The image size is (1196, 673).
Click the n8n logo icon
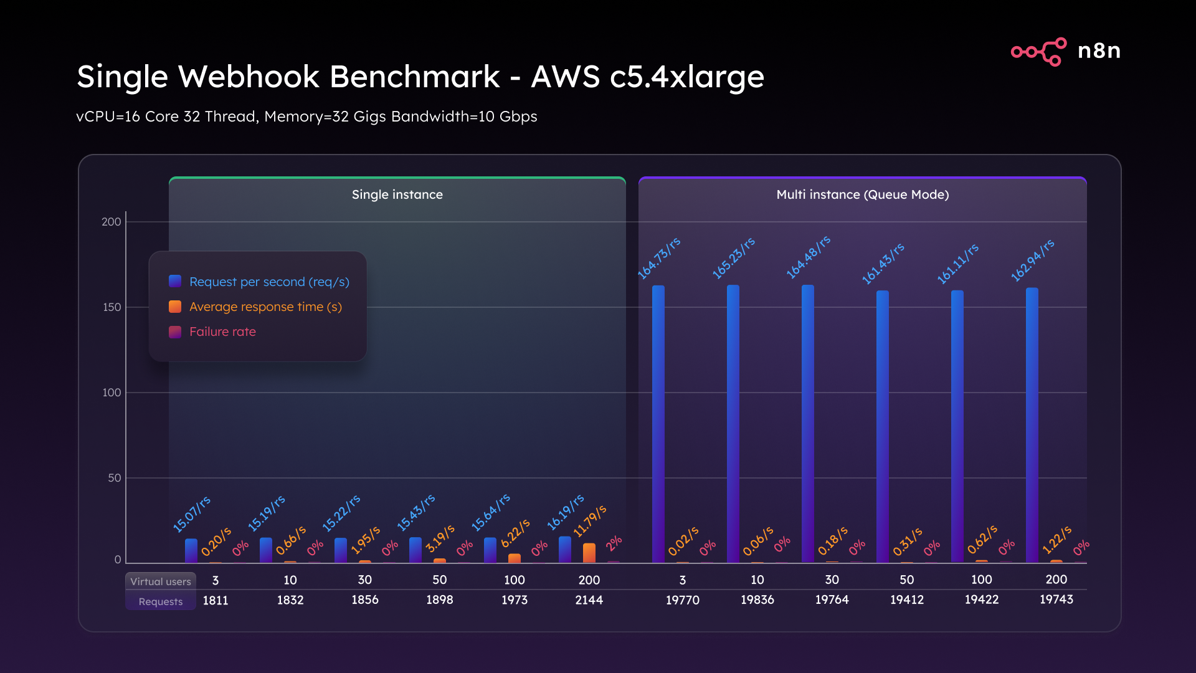pos(1038,51)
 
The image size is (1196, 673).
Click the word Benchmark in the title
pos(414,77)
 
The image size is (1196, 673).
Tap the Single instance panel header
pos(397,194)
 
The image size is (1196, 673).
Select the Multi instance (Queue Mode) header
pos(862,194)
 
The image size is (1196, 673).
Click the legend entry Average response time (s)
pos(265,307)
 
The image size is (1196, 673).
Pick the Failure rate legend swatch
pos(175,332)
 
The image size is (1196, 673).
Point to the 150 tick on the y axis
pos(112,307)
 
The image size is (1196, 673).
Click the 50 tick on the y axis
pos(114,478)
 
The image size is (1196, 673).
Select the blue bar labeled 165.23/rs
pos(733,424)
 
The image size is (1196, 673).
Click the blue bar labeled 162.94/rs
pos(1032,424)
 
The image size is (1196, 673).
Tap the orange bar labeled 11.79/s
pos(589,553)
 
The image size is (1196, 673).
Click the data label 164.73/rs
pos(658,258)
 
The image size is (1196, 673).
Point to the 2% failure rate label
pos(614,543)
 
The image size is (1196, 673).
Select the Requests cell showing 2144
pos(589,600)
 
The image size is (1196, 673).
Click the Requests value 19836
pos(757,599)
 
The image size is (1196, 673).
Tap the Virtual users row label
pos(161,581)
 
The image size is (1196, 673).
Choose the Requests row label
pos(161,601)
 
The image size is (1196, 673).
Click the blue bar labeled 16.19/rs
pos(564,550)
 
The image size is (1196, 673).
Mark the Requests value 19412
pos(906,599)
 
